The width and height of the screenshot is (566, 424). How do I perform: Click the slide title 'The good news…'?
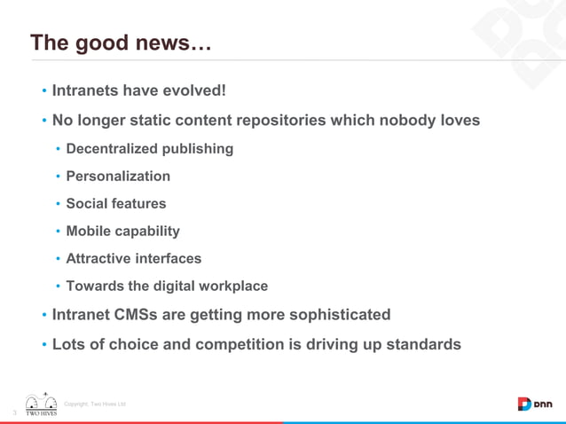121,43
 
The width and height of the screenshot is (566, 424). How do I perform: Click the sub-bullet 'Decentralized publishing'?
149,149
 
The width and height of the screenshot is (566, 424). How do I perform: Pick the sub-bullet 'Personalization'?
118,177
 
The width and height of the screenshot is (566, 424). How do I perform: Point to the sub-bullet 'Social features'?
115,204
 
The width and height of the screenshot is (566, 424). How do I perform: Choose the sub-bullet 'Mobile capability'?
122,232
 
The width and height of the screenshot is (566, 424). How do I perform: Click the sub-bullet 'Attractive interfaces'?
133,259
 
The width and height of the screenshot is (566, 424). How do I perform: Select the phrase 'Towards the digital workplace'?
167,287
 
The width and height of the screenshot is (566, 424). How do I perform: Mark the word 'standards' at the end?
422,344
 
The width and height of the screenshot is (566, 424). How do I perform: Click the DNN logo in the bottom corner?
535,404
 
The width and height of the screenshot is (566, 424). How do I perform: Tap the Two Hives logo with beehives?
41,404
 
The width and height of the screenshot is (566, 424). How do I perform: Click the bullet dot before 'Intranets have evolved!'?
43,91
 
